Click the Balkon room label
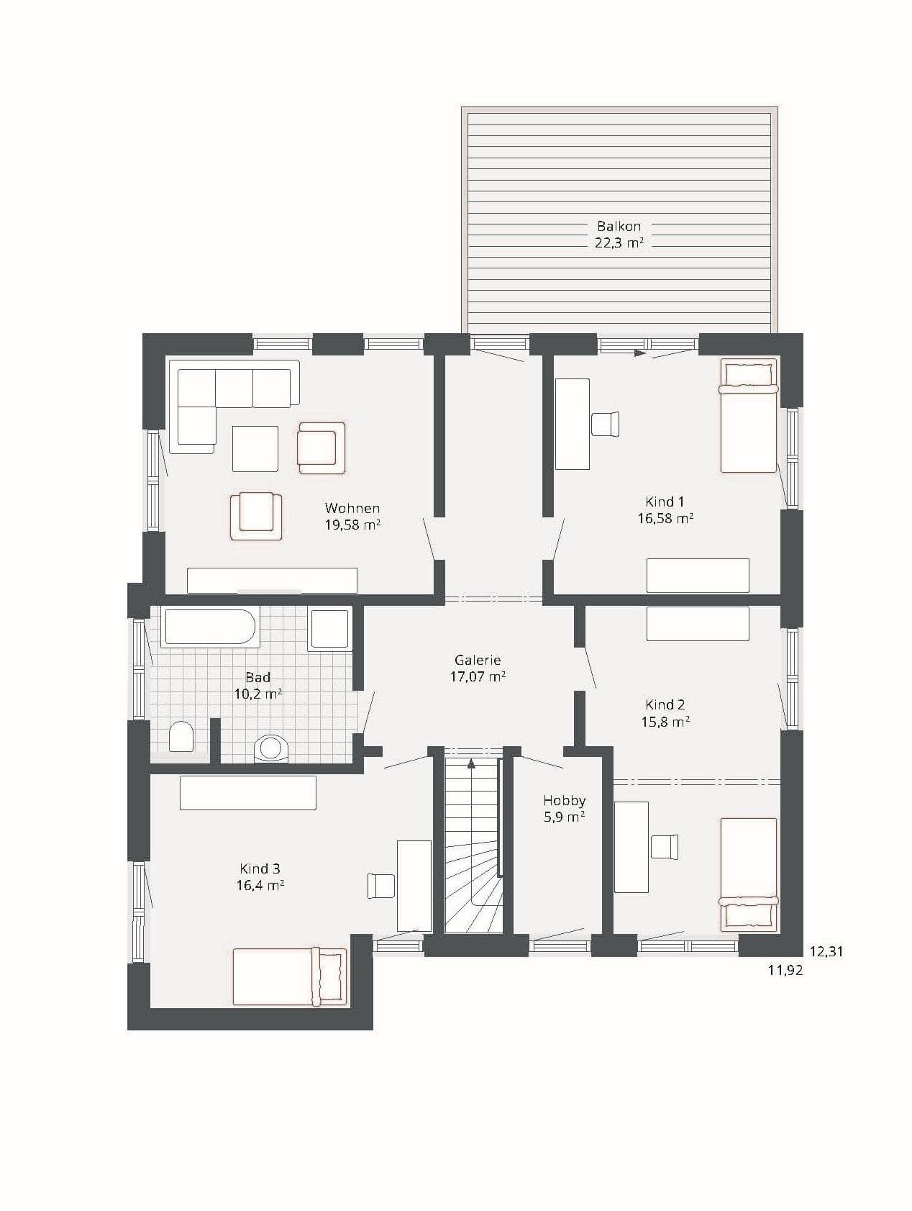[618, 226]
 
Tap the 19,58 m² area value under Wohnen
[352, 525]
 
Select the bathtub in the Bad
[209, 627]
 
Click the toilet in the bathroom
[181, 737]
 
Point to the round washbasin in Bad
[271, 748]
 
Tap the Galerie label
[477, 660]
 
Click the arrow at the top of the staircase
[472, 763]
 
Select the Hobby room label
[564, 800]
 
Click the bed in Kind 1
[749, 417]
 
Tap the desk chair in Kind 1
[605, 424]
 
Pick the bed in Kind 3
[289, 976]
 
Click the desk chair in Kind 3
[380, 886]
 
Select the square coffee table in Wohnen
[255, 449]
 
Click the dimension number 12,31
[826, 951]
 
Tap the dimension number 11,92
[785, 970]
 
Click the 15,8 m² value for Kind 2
[665, 722]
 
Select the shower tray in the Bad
[329, 628]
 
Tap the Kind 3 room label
[260, 868]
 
